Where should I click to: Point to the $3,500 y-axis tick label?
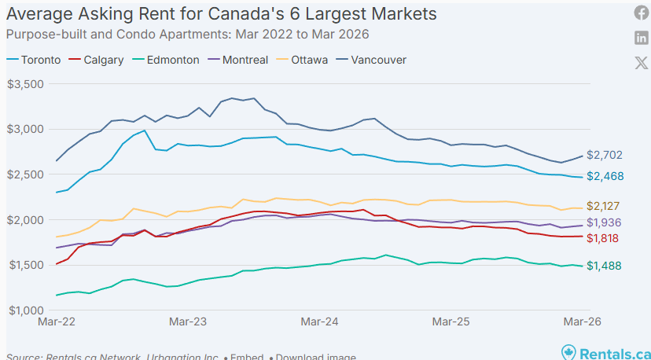(x=26, y=84)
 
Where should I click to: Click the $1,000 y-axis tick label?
(x=26, y=310)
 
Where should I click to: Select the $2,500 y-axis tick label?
(x=26, y=174)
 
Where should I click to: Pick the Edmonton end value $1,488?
(x=604, y=266)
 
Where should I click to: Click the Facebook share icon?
(x=641, y=13)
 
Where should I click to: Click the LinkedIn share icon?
(x=641, y=39)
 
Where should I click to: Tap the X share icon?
(x=641, y=63)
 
